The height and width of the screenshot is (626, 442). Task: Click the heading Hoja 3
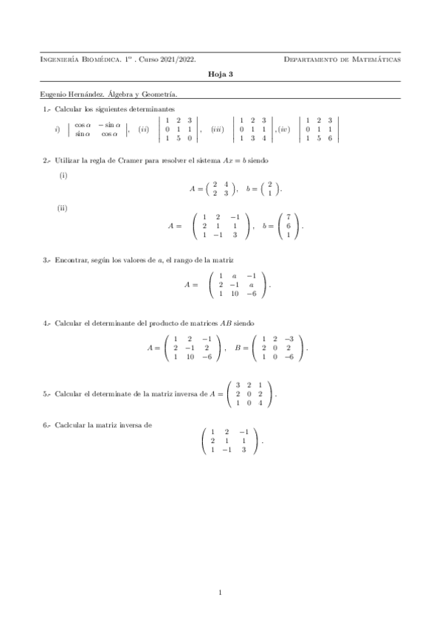click(221, 75)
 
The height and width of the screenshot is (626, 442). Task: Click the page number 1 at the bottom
click(221, 591)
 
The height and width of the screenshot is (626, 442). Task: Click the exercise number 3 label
click(46, 260)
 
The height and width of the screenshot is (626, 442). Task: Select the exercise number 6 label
click(46, 424)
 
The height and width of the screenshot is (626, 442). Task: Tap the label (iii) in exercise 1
click(218, 129)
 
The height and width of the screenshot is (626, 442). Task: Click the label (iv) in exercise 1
click(284, 129)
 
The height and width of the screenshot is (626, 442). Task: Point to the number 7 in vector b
click(289, 217)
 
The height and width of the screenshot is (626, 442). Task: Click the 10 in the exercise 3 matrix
click(234, 294)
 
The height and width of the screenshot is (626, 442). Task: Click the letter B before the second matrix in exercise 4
click(238, 346)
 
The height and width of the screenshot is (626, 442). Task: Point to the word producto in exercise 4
click(139, 323)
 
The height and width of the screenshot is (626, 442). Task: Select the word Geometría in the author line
click(160, 94)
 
